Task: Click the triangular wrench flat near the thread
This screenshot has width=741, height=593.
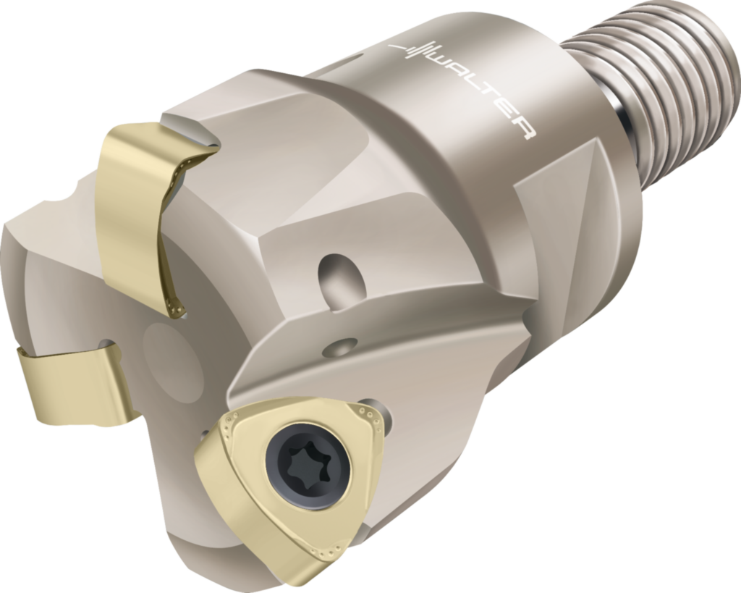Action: click(x=572, y=188)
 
